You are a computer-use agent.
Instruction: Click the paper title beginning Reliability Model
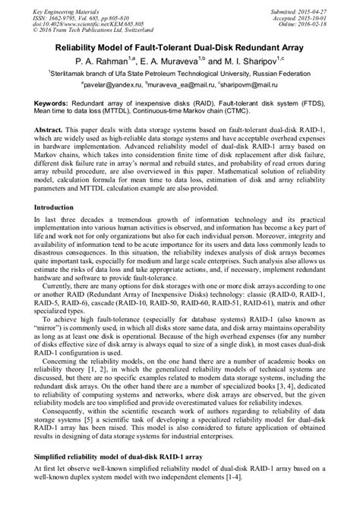pos(180,46)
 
